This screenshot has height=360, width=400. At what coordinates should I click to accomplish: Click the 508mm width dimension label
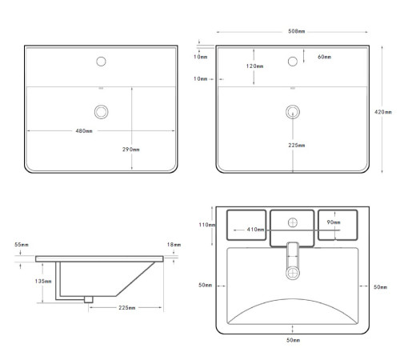[296, 31]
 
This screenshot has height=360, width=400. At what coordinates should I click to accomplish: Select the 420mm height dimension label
[383, 112]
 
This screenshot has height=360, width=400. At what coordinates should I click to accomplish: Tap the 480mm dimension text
[84, 131]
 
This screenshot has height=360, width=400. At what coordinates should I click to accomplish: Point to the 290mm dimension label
[131, 150]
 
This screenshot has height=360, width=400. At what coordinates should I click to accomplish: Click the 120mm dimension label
[254, 66]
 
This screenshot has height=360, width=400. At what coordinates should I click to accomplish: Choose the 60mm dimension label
[324, 57]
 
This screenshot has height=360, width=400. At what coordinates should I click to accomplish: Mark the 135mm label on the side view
[43, 281]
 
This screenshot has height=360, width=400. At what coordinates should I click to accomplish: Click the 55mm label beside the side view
[22, 245]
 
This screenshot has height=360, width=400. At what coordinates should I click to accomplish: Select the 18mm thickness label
[174, 245]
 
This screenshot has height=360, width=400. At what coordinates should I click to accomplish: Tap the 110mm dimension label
[207, 225]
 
